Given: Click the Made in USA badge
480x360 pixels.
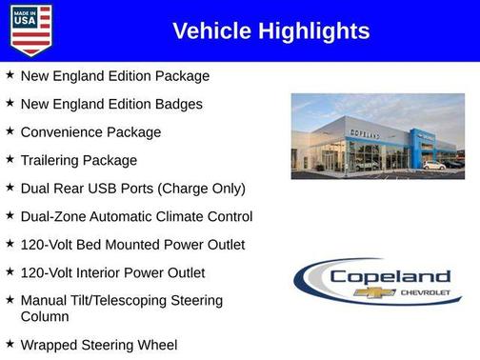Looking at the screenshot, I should pos(30,30).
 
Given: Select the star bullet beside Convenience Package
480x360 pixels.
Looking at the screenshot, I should pos(10,130).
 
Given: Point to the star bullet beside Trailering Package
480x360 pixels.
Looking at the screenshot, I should pos(10,159).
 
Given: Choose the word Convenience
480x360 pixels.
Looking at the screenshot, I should pos(64,132).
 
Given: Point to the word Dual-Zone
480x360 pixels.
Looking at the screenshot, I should pos(55,217).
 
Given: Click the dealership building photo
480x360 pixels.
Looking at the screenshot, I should pos(377,136).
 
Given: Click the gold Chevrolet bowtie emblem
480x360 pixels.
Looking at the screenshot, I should pos(368,292).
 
